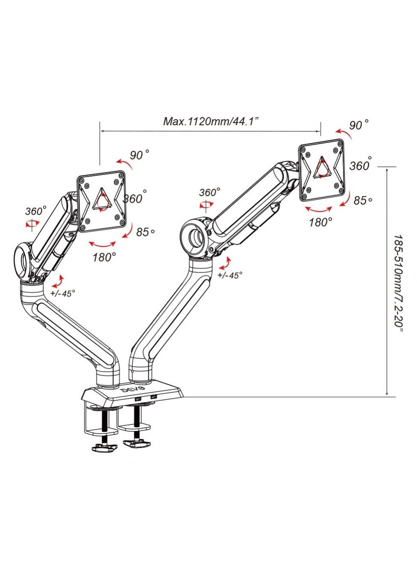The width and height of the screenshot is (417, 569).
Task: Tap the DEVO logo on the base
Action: point(133,390)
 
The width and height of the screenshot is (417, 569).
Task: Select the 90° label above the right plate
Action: point(358,125)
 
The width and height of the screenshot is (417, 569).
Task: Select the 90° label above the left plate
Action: point(139,155)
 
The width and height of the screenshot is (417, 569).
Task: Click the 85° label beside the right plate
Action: point(362,200)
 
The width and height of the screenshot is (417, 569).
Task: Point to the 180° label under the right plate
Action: point(320,222)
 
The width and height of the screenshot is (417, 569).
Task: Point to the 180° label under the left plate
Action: point(104,257)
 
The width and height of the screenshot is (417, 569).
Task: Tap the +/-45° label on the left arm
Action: point(62,293)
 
